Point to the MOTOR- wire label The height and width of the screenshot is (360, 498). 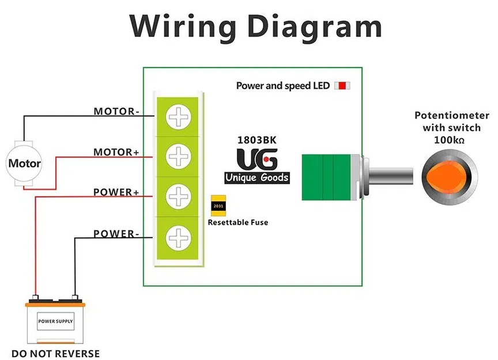point(116,111)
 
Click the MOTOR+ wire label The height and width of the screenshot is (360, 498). point(116,153)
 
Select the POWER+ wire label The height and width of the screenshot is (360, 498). point(116,192)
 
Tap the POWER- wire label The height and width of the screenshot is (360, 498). point(116,234)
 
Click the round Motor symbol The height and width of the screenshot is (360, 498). point(24,164)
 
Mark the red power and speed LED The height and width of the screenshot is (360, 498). point(342,86)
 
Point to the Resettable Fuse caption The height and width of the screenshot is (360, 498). point(237,222)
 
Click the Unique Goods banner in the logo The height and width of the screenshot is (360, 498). point(257,177)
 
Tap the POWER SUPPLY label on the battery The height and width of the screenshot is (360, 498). point(55,321)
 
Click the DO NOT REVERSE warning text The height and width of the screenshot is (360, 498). point(55,354)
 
